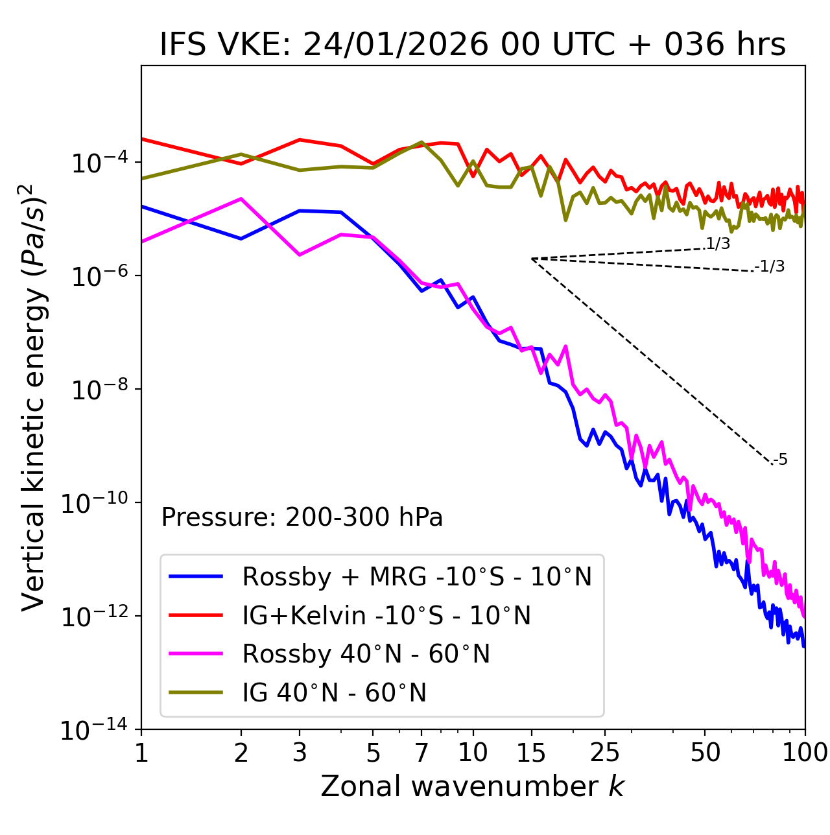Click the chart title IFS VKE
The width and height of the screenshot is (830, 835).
[473, 45]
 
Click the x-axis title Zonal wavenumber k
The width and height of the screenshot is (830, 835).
[473, 786]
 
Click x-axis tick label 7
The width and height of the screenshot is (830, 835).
[421, 753]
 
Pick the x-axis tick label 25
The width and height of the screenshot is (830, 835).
[605, 753]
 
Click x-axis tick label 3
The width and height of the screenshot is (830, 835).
[300, 753]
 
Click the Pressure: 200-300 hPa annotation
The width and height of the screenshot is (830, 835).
[302, 517]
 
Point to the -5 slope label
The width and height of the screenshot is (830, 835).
[781, 460]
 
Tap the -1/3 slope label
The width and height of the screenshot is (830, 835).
[770, 266]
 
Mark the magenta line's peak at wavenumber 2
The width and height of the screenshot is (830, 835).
[241, 199]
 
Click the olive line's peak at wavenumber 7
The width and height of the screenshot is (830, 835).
[421, 142]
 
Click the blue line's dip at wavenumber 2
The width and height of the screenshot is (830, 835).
[241, 239]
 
